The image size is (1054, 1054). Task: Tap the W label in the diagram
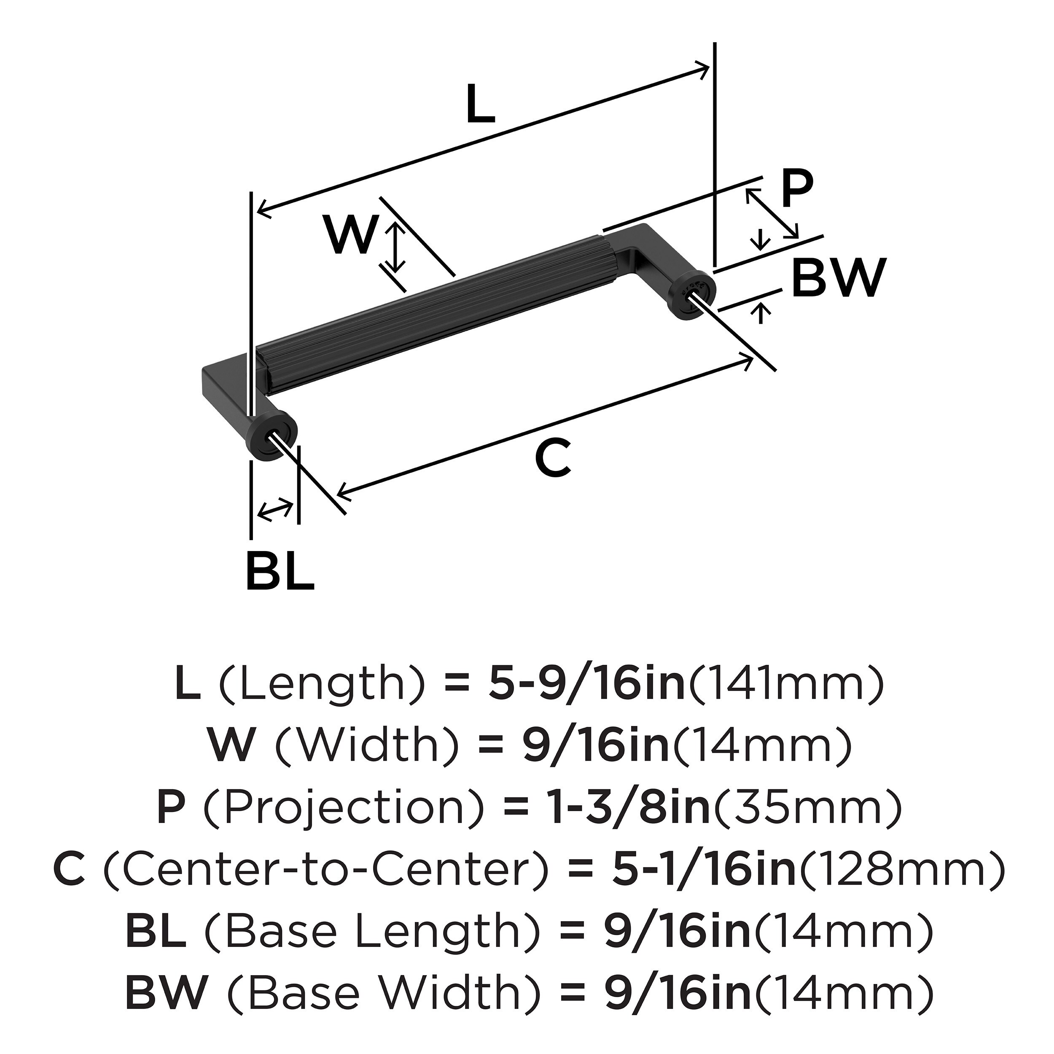(x=351, y=234)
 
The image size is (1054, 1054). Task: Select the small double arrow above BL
(x=274, y=509)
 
